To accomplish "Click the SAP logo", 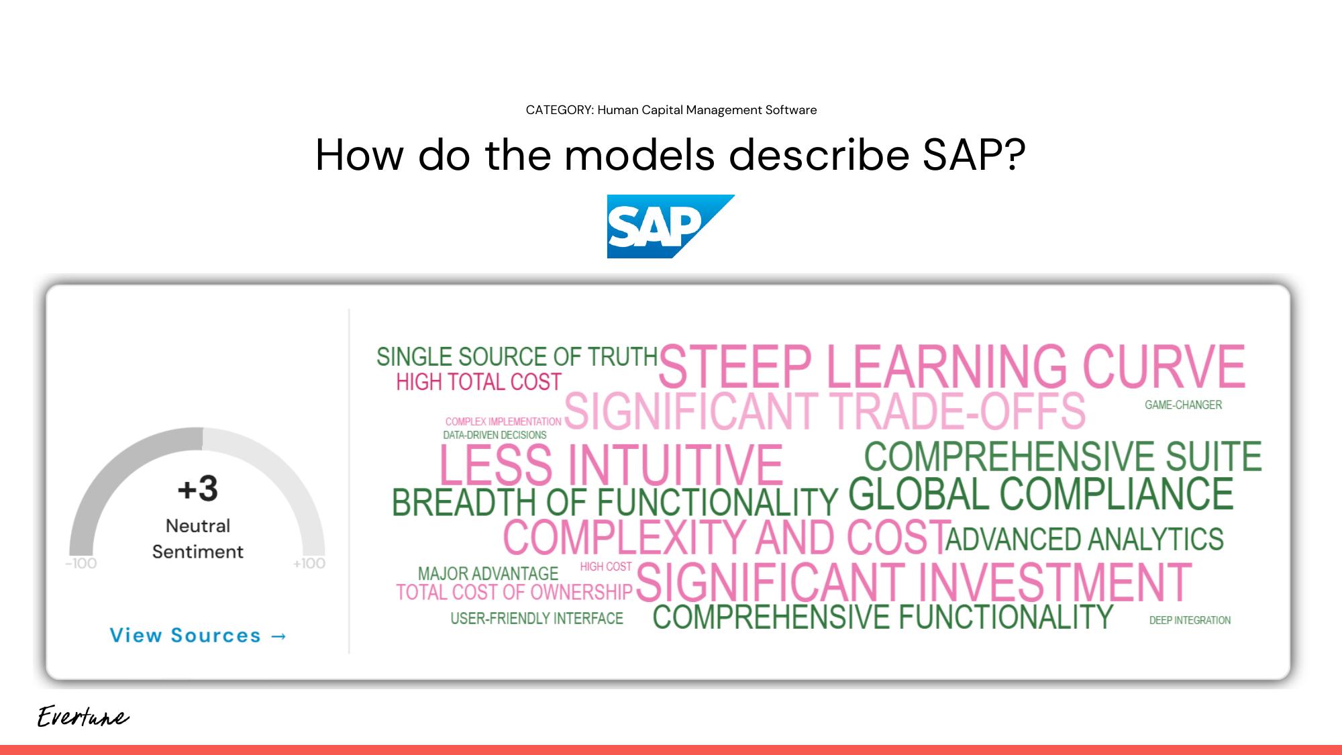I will click(670, 226).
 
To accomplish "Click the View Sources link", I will click(199, 635).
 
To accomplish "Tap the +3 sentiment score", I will click(198, 489).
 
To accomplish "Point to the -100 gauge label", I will click(81, 564).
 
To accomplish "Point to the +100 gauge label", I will click(309, 564).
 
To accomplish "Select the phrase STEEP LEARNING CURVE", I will click(951, 366).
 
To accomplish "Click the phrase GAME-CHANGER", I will click(1183, 405).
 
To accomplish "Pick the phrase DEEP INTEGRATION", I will click(1190, 620).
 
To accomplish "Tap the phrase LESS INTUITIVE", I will click(611, 465).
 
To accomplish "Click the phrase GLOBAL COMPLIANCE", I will click(1041, 494).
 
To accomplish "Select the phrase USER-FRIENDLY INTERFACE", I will click(537, 618).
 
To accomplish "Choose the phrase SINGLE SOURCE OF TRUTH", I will click(517, 356).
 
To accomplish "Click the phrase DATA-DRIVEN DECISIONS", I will click(495, 435).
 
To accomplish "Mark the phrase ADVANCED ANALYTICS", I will click(1084, 539).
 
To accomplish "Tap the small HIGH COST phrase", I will click(605, 566).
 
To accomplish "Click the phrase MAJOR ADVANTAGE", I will click(488, 574).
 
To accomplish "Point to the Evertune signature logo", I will click(83, 717).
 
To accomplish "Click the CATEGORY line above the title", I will click(671, 110).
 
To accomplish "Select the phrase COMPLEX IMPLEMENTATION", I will click(503, 421).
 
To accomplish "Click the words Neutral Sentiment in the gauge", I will click(198, 538).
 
